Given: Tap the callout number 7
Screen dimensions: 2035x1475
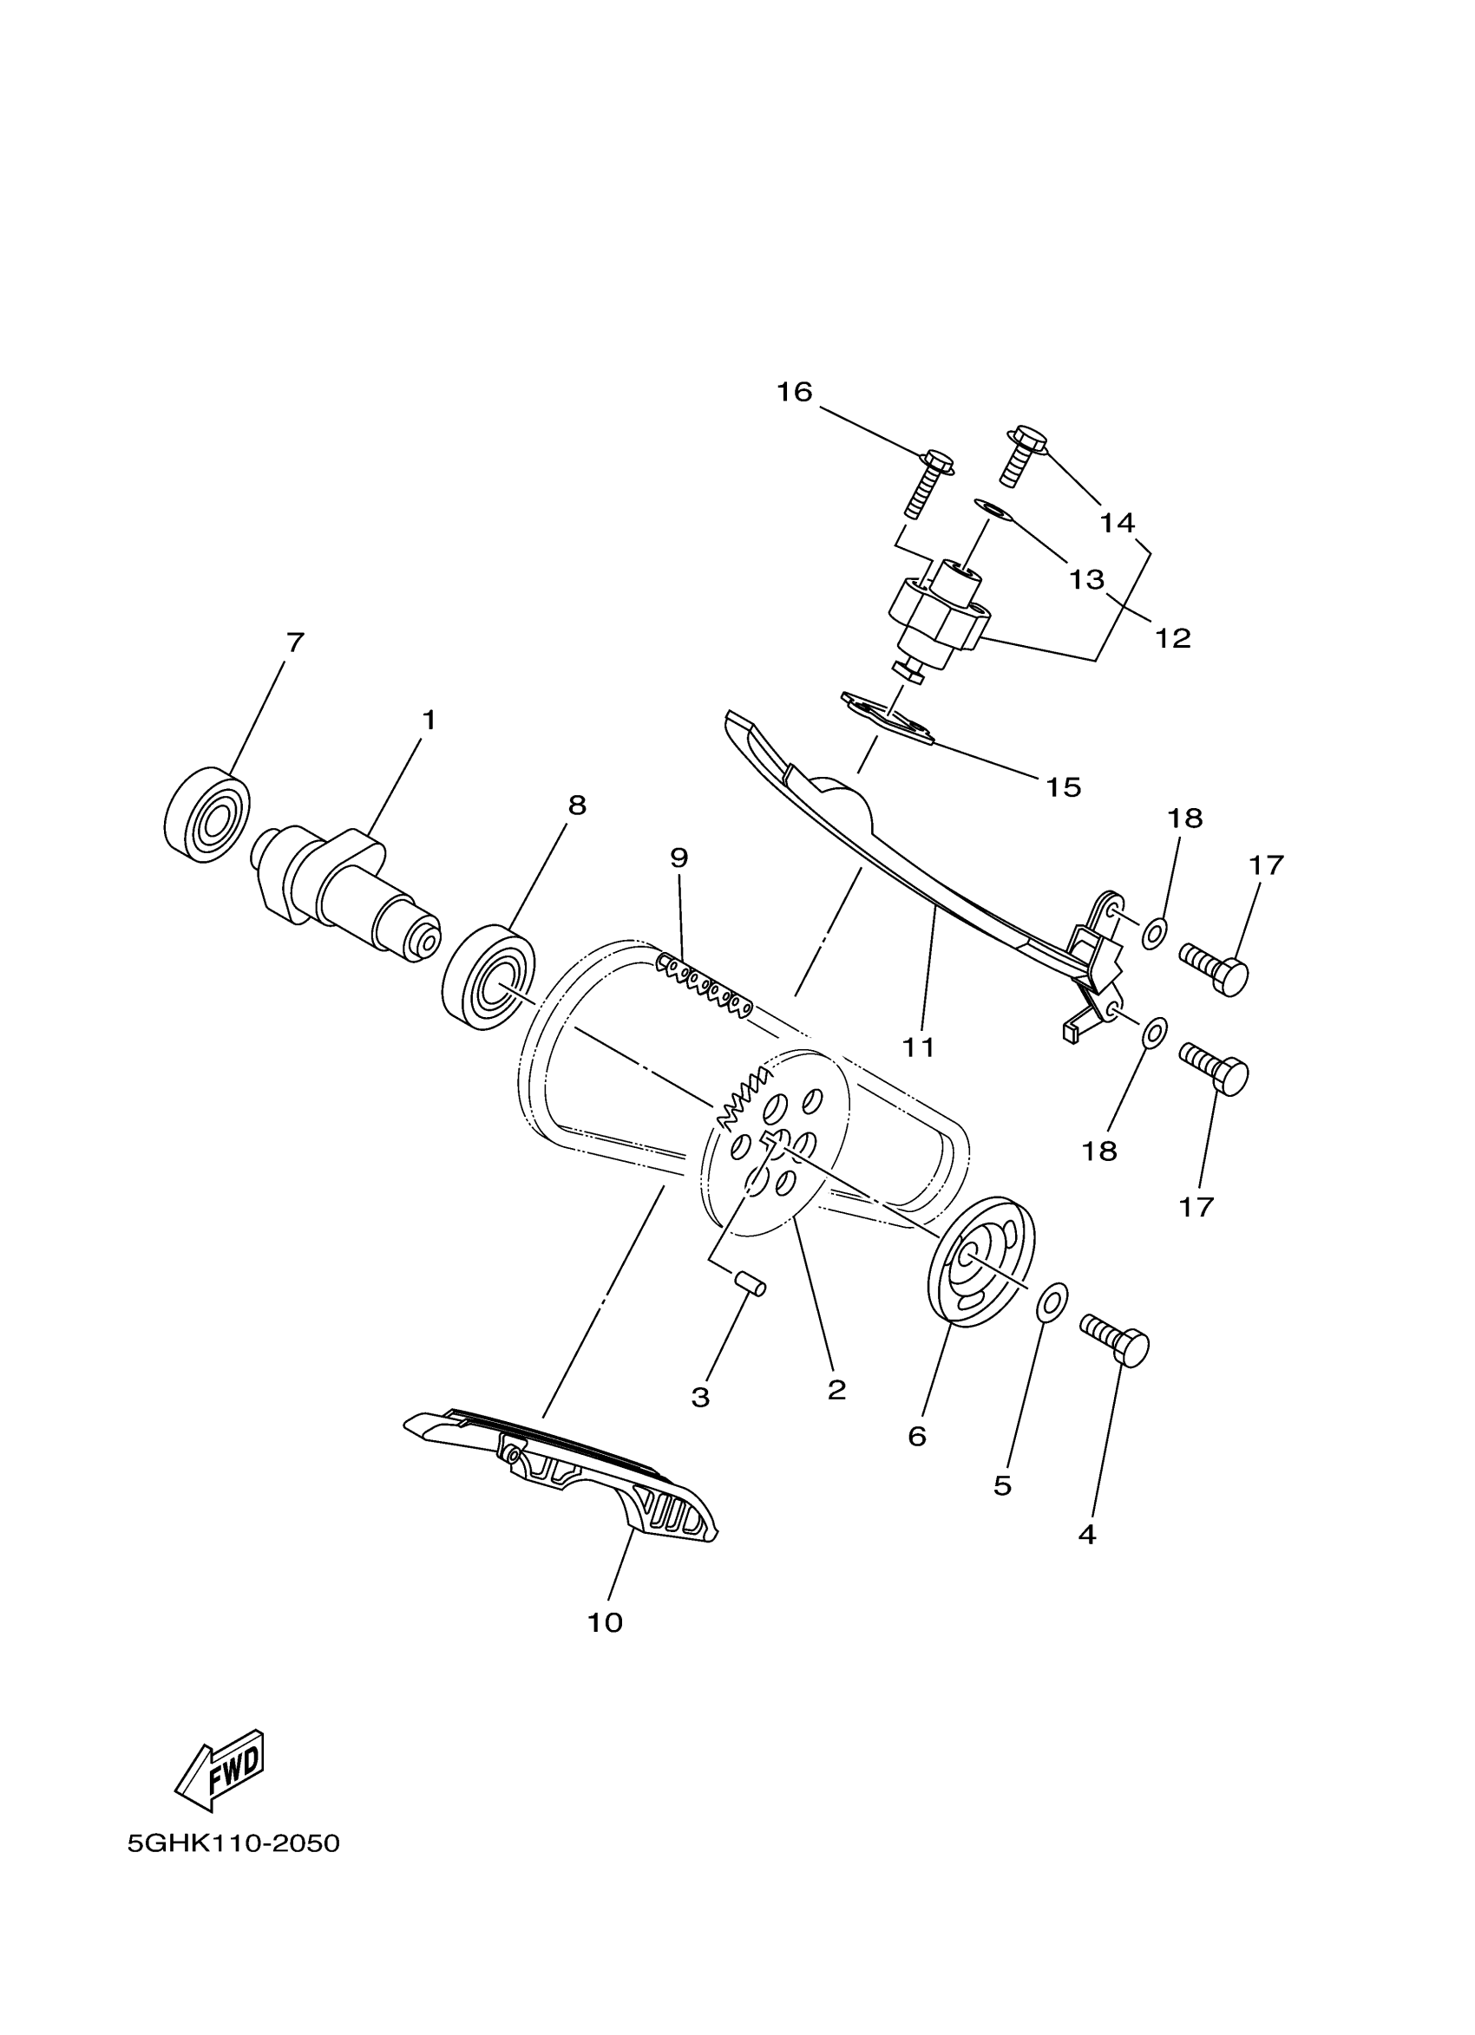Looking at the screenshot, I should pos(295,642).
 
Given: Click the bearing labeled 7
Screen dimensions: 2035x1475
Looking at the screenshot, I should pos(208,814).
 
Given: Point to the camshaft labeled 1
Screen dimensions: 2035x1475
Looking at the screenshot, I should pos(345,888).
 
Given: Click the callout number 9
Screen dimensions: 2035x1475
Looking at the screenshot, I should pos(678,858).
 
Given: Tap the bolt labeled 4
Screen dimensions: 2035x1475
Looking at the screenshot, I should pos(1116,1342).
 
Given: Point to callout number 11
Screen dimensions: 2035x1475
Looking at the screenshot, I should pos(918,1047).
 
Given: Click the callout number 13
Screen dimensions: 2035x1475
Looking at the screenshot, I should pos(1086,580).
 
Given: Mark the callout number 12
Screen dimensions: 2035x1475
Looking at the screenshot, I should pos(1173,638).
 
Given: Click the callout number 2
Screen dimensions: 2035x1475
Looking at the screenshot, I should pos(836,1390).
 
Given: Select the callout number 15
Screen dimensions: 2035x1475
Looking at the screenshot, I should pos(1063,787).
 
